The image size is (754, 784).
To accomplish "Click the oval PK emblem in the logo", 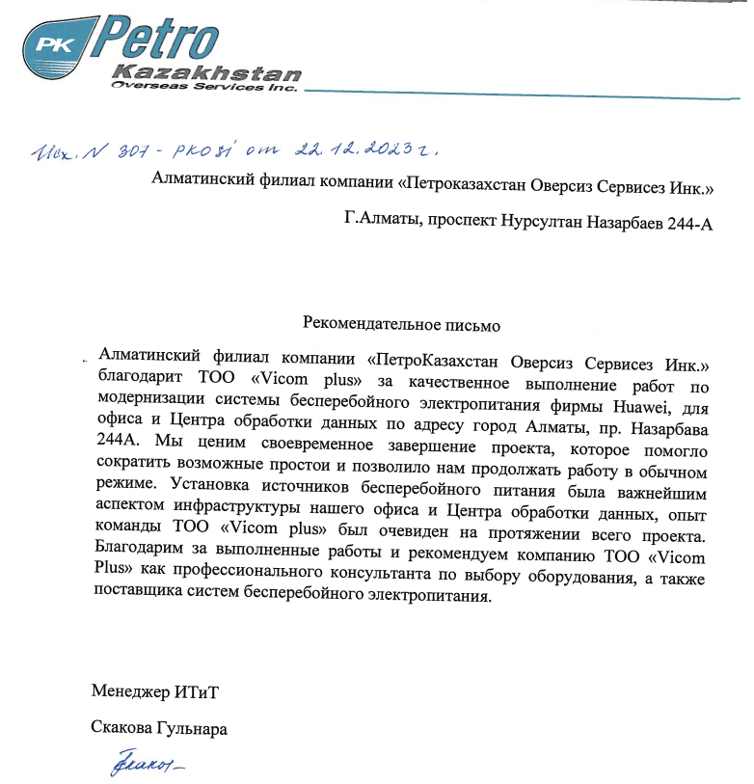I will click(x=61, y=43).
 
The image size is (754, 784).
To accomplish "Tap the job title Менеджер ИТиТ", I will click(x=160, y=690).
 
